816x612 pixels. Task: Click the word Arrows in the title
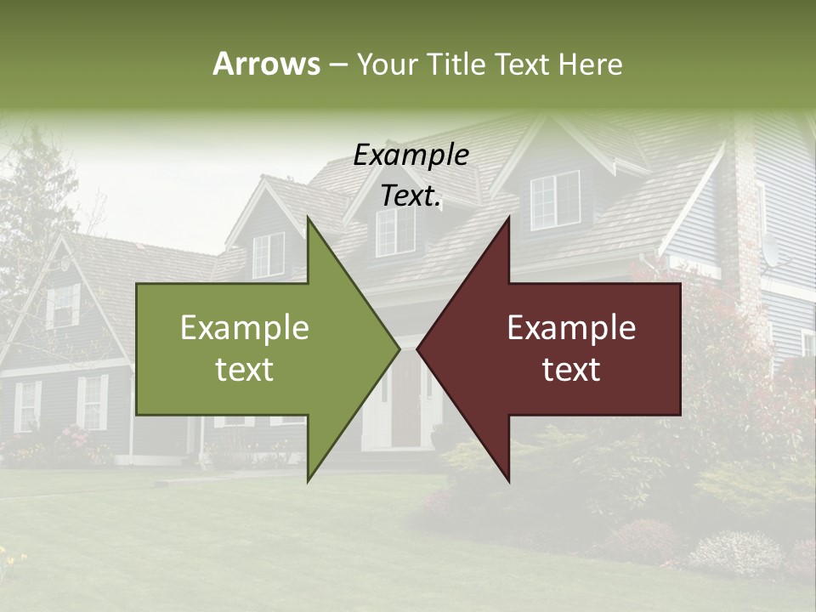266,64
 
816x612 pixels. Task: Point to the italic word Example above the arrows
411,155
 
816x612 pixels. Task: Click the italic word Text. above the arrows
411,195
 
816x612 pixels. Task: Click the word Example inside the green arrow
245,328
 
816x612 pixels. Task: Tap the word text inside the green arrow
245,369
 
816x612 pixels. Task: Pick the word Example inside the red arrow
571,328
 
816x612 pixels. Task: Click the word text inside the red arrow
571,369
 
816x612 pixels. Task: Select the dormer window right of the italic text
555,200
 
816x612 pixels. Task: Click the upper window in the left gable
65,306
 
